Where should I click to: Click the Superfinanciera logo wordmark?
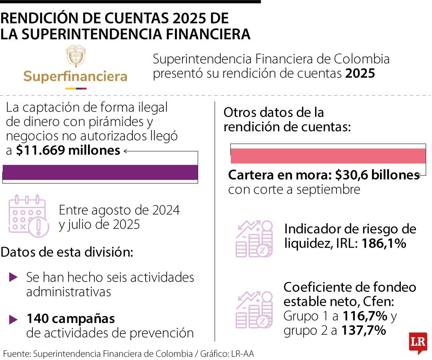point(75,76)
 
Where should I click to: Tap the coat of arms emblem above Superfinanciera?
point(75,56)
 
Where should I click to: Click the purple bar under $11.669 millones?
point(100,172)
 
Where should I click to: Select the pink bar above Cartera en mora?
point(328,156)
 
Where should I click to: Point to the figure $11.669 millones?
point(68,150)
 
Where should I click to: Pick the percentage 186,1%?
point(384,243)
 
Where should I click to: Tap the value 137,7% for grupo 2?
point(364,330)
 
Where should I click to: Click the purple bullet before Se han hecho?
point(13,276)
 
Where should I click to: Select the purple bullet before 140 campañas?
point(13,319)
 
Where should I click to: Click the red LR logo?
point(418,343)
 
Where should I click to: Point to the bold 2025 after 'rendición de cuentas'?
point(360,74)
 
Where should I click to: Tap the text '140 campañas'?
point(70,319)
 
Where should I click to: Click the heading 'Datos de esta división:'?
point(67,252)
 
